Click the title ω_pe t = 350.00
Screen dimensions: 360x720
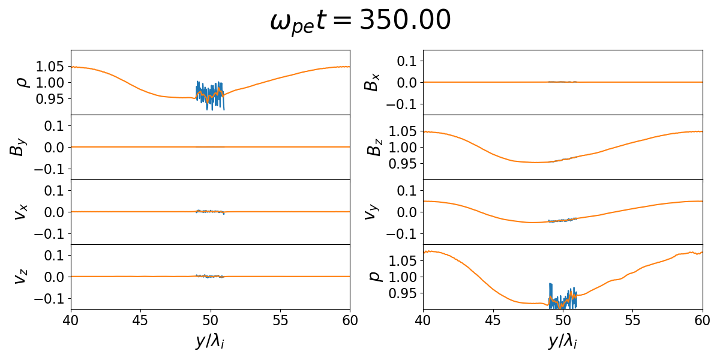[360, 22]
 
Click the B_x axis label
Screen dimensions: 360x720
[372, 82]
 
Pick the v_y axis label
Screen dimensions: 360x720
[372, 212]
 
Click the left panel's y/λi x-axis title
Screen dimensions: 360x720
[210, 341]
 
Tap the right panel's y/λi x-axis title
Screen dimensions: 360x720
[562, 341]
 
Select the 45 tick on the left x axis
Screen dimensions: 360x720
[140, 319]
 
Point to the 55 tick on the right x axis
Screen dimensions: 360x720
[632, 319]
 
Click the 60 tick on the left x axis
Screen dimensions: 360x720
[350, 319]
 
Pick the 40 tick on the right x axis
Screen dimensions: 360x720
[423, 319]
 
